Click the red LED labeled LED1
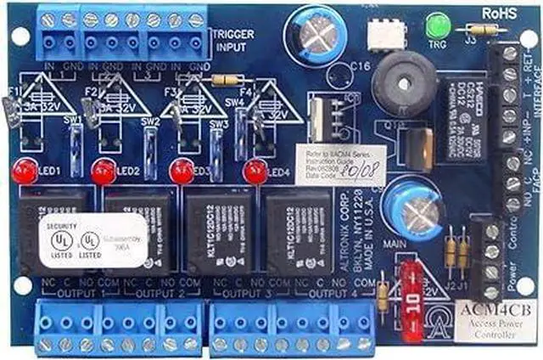(24, 171)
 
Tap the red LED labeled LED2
(104, 171)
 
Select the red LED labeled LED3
(180, 171)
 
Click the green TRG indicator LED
(440, 25)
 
